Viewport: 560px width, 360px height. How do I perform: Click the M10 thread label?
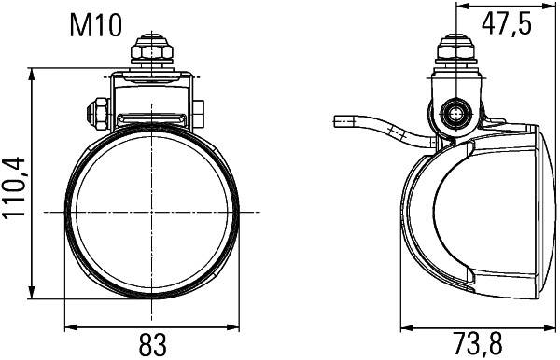pos(96,23)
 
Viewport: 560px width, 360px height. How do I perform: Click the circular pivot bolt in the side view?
pos(455,114)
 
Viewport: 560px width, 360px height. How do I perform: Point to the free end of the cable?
pos(338,120)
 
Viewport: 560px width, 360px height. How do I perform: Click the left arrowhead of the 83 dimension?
pos(71,327)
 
